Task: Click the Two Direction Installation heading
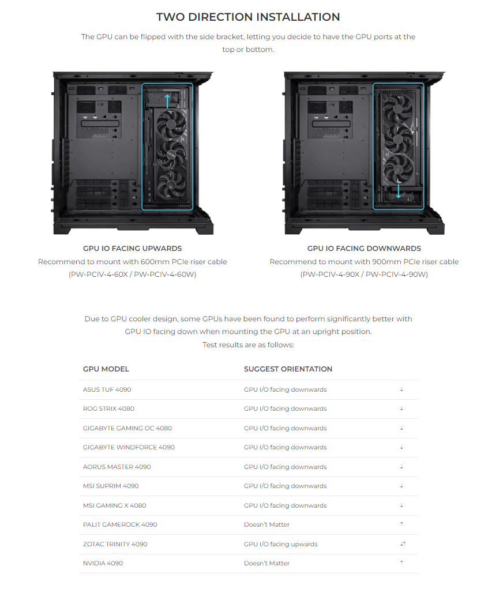[248, 17]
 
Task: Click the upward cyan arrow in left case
[167, 101]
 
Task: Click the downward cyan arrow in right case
[399, 191]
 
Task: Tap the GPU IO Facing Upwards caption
[132, 248]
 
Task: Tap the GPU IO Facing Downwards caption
[364, 248]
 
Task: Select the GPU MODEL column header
[106, 369]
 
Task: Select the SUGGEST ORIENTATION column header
[288, 369]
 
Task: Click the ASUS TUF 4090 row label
[107, 389]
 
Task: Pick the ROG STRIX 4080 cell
[108, 408]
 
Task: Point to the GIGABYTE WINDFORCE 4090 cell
[129, 448]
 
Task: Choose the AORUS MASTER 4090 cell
[117, 467]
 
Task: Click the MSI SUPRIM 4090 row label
[111, 486]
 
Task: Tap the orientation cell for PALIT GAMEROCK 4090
[266, 525]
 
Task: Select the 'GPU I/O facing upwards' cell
[280, 545]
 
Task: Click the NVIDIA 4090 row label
[103, 564]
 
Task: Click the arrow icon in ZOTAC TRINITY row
[403, 543]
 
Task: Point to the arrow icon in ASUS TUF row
[401, 389]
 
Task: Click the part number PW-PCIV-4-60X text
[99, 275]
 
